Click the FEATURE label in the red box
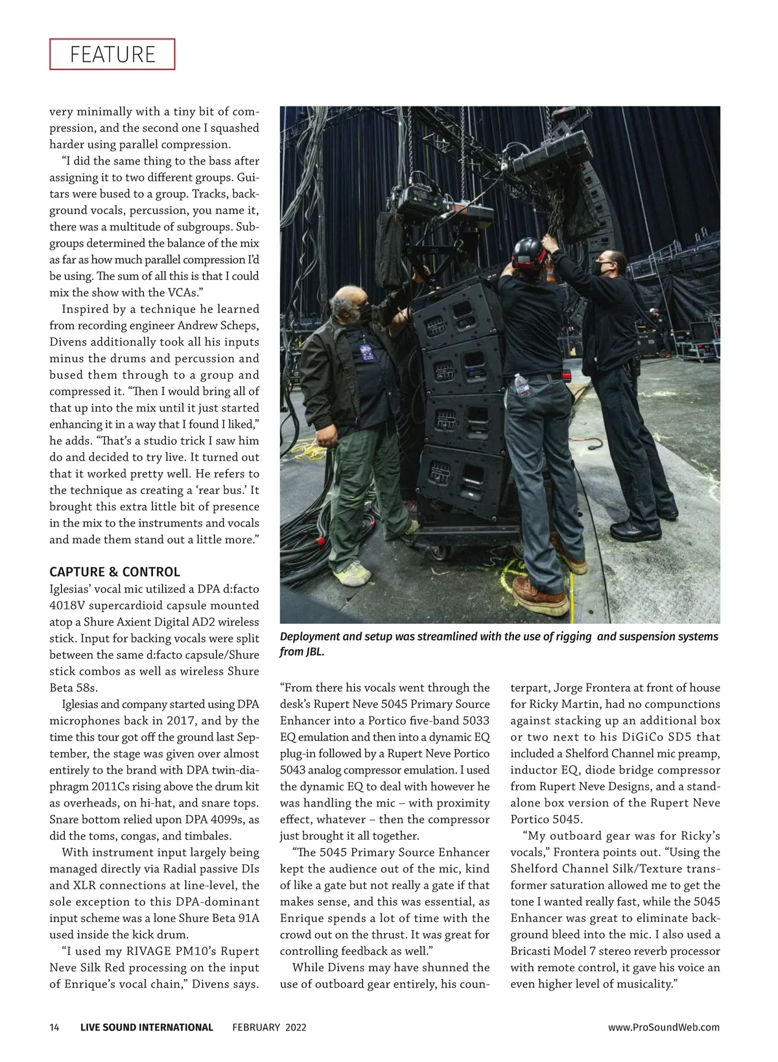tap(112, 54)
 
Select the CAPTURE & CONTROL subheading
tap(115, 572)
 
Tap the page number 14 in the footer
tap(54, 1027)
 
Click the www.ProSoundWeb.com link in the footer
tap(663, 1027)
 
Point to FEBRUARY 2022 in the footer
tap(269, 1027)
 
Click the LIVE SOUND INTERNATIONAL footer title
tap(147, 1027)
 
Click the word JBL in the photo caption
tap(314, 652)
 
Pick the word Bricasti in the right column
tap(533, 951)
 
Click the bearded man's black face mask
tap(360, 313)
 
